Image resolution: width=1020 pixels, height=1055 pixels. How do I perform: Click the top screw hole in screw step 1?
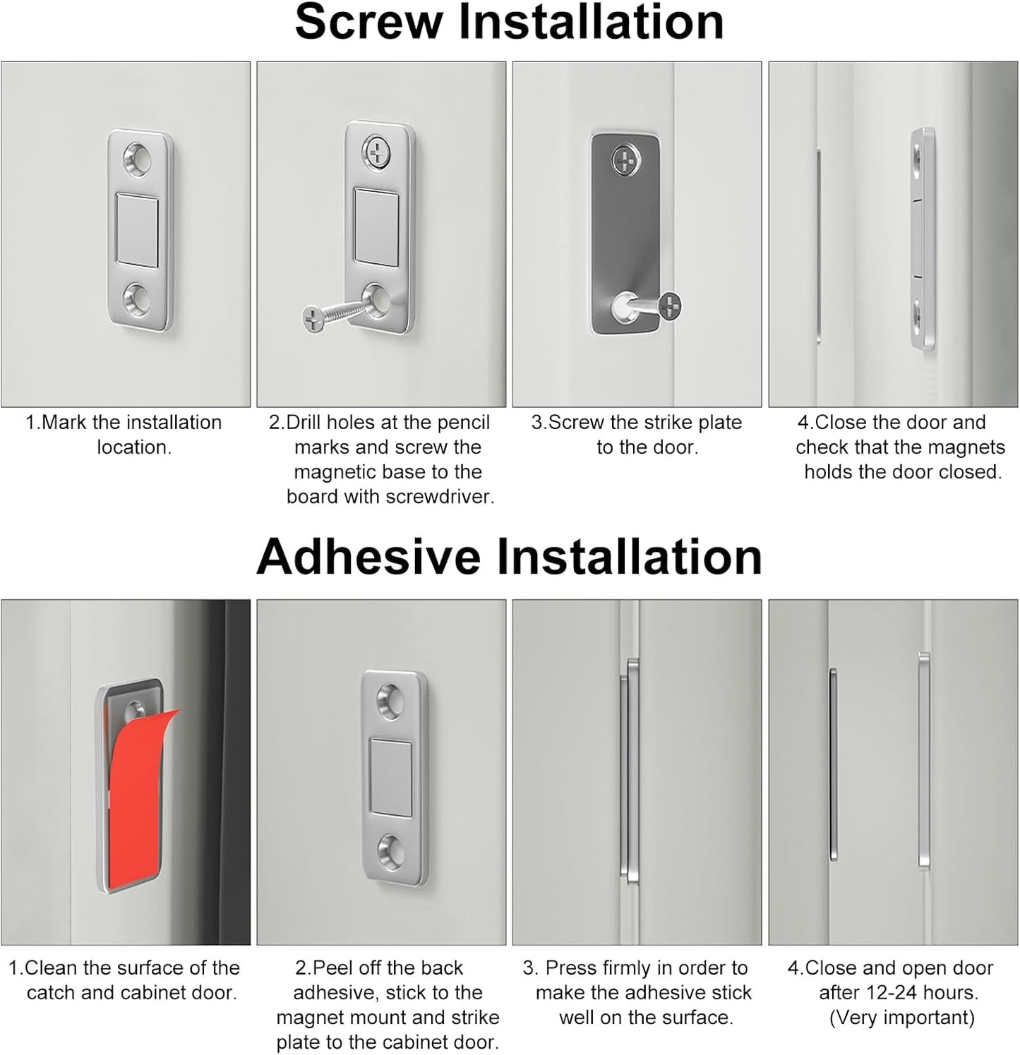coord(139,158)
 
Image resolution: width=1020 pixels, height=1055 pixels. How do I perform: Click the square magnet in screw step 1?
coord(138,230)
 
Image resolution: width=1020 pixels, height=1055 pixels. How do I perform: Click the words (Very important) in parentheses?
coord(901,1018)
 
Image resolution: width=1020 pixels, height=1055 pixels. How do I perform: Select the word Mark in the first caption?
coord(65,423)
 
